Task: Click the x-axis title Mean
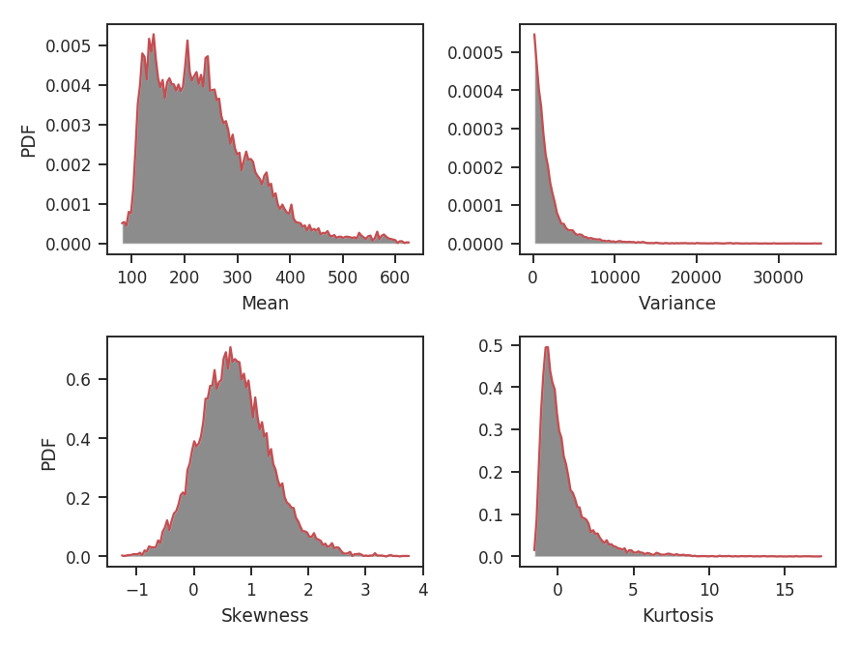point(265,303)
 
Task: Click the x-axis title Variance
point(677,303)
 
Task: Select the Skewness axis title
point(265,615)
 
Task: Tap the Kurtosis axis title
point(677,615)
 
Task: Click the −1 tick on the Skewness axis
point(136,590)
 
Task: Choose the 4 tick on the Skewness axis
point(423,590)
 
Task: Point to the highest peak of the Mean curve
point(154,35)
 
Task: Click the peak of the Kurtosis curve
point(547,346)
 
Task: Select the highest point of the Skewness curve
point(230,347)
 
